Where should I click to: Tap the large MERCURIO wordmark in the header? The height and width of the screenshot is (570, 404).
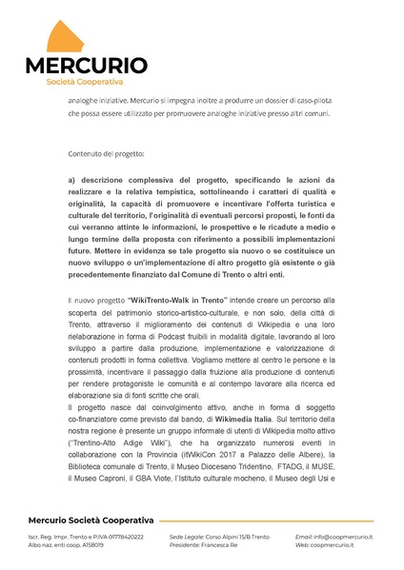[86, 66]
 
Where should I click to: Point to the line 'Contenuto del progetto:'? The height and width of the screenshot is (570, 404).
[108, 153]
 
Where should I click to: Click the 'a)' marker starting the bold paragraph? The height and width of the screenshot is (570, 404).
[73, 179]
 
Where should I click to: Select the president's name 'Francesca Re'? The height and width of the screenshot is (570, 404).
[221, 545]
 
